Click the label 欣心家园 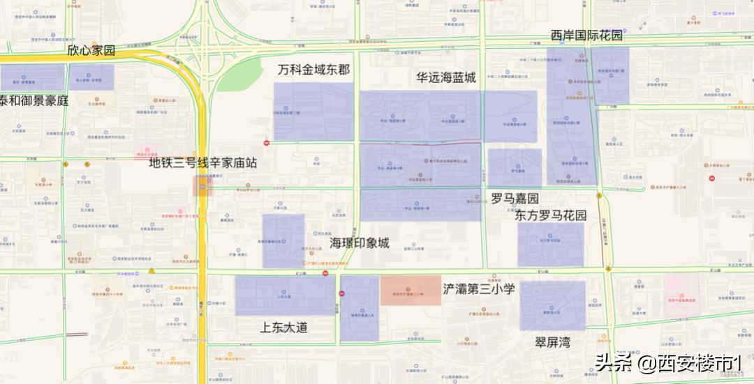pos(91,51)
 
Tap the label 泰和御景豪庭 pos(35,100)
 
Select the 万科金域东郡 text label pos(313,70)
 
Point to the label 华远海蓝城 pos(445,77)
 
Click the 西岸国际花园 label pos(586,36)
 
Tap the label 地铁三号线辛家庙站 pos(203,163)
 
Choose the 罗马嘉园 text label pos(515,199)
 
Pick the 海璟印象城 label pos(360,243)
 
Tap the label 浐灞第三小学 pos(480,289)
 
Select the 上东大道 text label pos(283,327)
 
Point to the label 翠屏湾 pos(553,342)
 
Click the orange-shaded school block pos(411,291)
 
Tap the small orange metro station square pos(202,185)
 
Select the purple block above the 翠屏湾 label pos(552,305)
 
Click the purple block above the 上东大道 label pos(284,295)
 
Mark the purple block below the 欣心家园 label pos(91,77)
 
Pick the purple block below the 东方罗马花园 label pos(550,244)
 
